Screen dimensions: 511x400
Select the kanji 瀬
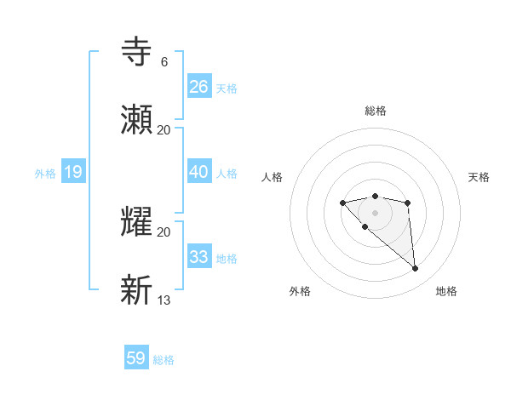138,119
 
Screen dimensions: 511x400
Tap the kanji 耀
138,221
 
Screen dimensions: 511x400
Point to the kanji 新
138,289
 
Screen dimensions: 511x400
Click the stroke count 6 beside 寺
164,62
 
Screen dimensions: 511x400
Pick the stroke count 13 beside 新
164,300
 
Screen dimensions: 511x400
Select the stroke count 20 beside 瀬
164,129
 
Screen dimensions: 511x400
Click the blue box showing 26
199,86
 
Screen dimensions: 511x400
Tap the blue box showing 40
199,171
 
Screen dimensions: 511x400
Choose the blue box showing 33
199,256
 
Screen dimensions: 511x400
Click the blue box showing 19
73,172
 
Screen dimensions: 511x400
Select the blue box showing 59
136,358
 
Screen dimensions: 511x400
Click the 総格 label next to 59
164,360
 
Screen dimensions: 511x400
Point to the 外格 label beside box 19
45,174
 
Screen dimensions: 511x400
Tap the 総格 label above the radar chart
375,111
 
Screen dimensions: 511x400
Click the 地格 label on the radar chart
446,291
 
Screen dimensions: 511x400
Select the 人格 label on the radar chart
272,177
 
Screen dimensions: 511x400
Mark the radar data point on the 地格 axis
416,269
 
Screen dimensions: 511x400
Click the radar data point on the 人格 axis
342,203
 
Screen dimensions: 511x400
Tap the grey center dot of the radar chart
375,213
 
